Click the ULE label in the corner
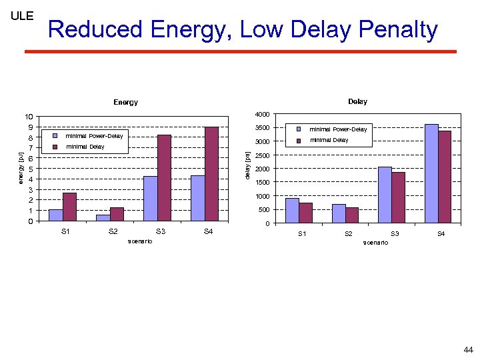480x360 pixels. tap(22, 16)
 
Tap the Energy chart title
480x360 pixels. tap(125, 102)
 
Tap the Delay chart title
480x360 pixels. tap(357, 101)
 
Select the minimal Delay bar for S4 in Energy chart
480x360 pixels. tap(211, 174)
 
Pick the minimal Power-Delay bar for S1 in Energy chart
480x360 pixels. tap(55, 215)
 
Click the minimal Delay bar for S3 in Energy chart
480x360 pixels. tap(164, 178)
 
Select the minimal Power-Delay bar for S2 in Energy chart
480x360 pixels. tap(103, 217)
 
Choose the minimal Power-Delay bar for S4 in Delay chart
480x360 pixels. tap(431, 173)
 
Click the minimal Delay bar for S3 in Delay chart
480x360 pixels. tap(398, 197)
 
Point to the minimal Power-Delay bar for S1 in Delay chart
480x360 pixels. tap(292, 210)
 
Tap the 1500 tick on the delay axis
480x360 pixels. tap(262, 182)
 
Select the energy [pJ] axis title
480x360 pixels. tap(21, 169)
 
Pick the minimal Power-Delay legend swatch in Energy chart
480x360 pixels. tap(56, 136)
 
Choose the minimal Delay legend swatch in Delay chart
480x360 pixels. tap(299, 140)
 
